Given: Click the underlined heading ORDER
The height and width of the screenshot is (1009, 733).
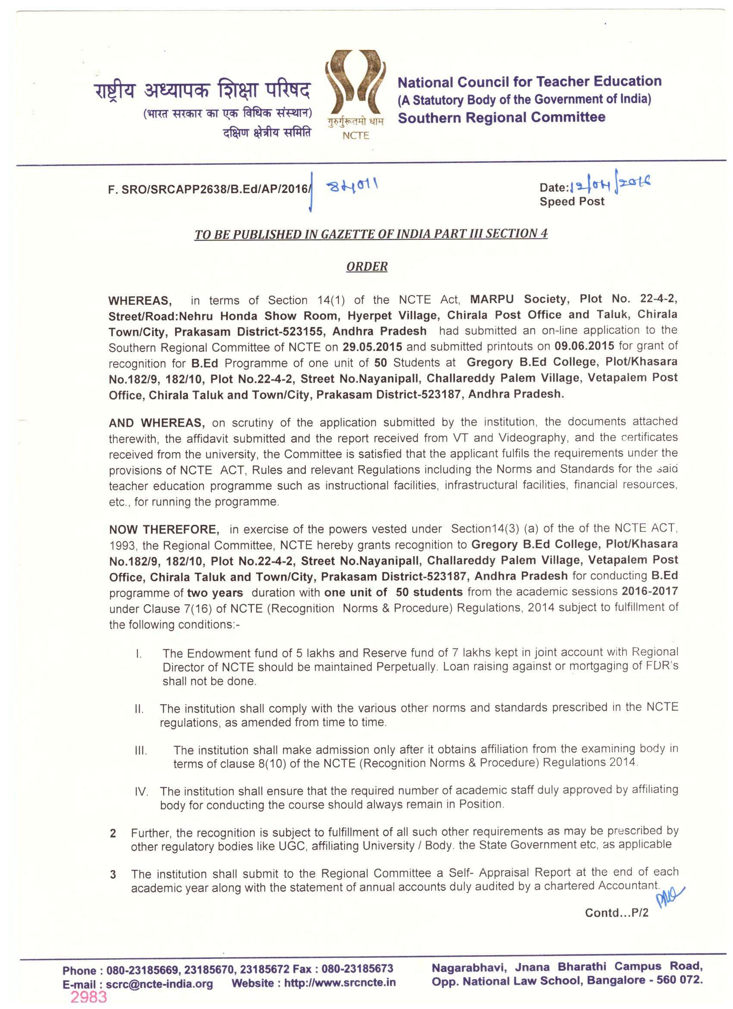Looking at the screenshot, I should (366, 266).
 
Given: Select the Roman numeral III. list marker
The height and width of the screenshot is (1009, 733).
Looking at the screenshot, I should (141, 752).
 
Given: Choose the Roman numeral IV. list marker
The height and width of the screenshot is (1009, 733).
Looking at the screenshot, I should (141, 793).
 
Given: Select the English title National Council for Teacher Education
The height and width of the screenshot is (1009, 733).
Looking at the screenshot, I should (529, 82).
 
